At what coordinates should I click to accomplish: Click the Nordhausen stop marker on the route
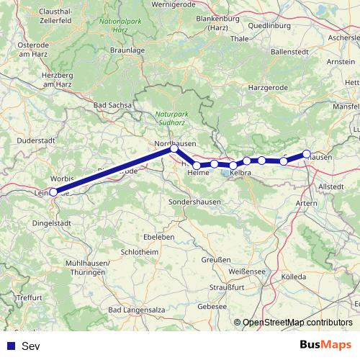coord(174,148)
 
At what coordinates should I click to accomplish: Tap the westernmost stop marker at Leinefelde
coord(53,192)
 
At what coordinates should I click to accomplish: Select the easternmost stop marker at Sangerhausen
coord(307,153)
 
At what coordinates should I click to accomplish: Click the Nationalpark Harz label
coord(114,27)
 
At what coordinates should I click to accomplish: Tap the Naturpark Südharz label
coord(171,118)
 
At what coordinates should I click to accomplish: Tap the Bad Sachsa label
coord(113,105)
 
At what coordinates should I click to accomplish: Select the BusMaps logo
coord(324,346)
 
